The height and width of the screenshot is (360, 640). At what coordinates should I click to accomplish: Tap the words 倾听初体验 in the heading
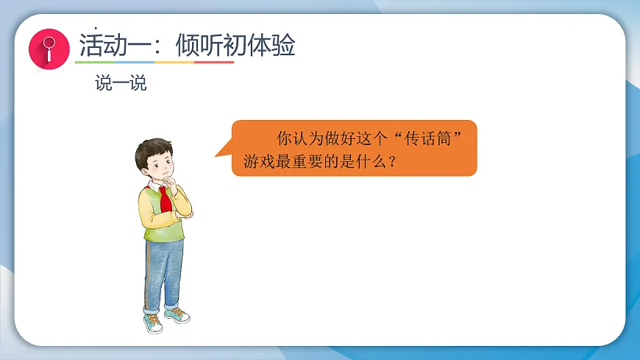pyautogui.click(x=235, y=46)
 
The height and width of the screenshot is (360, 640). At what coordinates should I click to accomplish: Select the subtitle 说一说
pyautogui.click(x=121, y=83)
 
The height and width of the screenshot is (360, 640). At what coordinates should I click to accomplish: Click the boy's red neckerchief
pyautogui.click(x=166, y=197)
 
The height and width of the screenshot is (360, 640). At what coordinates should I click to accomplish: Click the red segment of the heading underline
pyautogui.click(x=214, y=63)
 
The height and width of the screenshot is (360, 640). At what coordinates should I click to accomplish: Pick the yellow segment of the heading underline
pyautogui.click(x=174, y=63)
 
